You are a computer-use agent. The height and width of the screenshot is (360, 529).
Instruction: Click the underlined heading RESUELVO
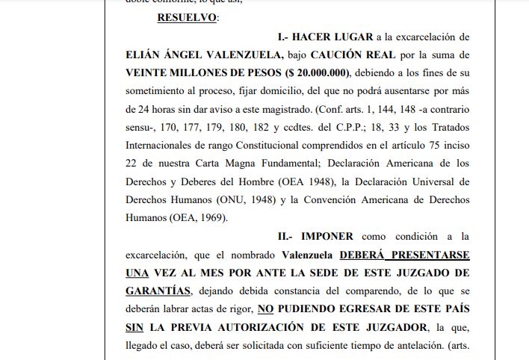(x=187, y=17)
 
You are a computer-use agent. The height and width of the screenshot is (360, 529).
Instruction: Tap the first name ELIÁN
(x=146, y=55)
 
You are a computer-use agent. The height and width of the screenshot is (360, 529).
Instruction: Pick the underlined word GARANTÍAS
(x=158, y=291)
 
